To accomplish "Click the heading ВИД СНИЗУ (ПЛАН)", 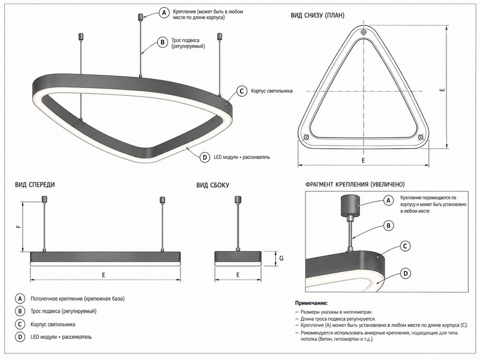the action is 317,16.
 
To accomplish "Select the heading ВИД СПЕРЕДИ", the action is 35,185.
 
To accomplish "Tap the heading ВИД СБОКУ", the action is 213,185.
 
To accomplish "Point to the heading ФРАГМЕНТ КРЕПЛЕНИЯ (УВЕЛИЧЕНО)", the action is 355,184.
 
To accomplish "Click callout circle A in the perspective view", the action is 164,13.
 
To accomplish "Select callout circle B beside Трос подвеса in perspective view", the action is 163,42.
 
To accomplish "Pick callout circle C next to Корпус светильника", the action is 242,91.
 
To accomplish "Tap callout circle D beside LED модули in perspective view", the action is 205,157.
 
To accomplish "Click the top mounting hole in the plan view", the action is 364,32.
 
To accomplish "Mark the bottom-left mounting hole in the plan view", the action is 306,137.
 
